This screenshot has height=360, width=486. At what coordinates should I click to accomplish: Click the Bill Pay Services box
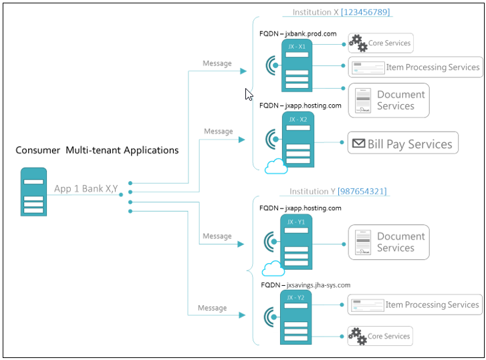[403, 144]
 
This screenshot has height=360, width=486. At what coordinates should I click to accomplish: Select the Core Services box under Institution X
[380, 43]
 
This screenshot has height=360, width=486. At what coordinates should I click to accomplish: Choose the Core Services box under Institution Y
[380, 336]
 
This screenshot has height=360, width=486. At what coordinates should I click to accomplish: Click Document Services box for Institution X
[388, 100]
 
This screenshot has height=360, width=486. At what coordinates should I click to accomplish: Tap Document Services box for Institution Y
[388, 242]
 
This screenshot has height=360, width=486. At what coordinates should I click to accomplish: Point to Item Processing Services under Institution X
[415, 67]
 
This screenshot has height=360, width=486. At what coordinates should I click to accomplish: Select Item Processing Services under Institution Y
[415, 305]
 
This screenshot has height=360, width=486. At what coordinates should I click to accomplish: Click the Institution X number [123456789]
[366, 12]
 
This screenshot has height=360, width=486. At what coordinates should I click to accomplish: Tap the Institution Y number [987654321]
[362, 192]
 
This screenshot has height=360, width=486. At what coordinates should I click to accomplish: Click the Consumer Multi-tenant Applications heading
[97, 150]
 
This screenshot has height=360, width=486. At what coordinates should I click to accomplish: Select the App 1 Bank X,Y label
[86, 189]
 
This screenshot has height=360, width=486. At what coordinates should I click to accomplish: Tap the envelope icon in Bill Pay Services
[358, 144]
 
